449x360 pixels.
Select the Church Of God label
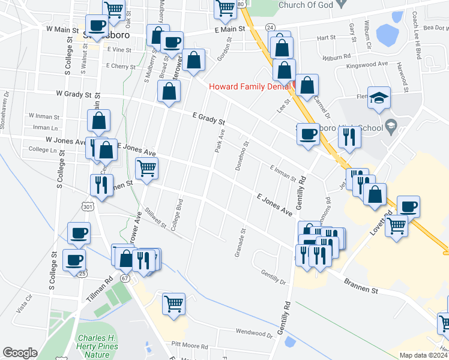pos(313,5)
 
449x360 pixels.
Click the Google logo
pos(20,353)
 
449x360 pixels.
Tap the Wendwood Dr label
pos(254,331)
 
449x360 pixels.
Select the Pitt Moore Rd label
pos(189,346)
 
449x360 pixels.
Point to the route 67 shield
pos(125,278)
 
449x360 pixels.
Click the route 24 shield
pos(270,28)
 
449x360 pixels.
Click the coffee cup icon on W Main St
pos(97,26)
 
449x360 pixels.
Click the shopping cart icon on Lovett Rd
pos(396,226)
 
